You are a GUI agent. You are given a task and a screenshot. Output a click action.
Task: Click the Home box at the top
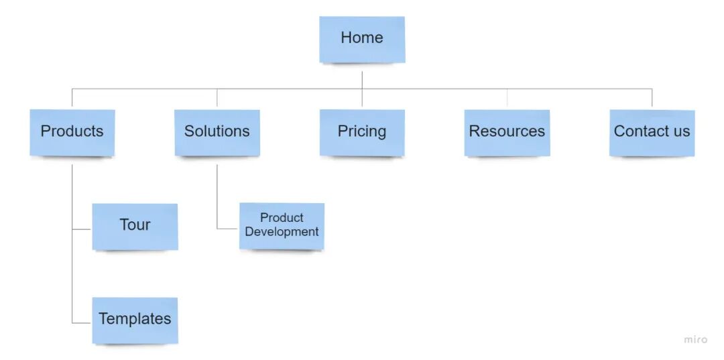point(362,39)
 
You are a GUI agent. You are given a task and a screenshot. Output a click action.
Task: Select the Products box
point(72,132)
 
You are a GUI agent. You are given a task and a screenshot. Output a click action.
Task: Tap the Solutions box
point(217,132)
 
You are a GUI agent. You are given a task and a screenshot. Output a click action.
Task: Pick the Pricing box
point(362,132)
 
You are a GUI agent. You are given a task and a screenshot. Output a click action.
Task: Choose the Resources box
point(507,132)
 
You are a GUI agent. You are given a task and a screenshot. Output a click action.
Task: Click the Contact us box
point(652,132)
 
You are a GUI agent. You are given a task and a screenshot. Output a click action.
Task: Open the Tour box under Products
point(135,226)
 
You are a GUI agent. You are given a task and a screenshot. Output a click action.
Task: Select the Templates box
point(135,320)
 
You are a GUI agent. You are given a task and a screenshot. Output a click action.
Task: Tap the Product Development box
point(282,225)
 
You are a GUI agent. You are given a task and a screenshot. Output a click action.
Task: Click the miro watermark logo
point(695,339)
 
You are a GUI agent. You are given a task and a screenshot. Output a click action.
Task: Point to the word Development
point(282,232)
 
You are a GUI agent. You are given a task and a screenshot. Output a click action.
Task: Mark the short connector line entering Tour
point(82,229)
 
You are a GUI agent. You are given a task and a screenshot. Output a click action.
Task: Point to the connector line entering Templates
point(82,323)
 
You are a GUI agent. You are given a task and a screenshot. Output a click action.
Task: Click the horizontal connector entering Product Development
point(228,229)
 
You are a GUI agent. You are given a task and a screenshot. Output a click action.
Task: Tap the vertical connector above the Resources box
point(507,99)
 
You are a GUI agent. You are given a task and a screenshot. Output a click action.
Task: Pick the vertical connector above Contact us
point(652,98)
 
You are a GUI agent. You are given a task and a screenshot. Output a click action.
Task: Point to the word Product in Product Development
point(282,218)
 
